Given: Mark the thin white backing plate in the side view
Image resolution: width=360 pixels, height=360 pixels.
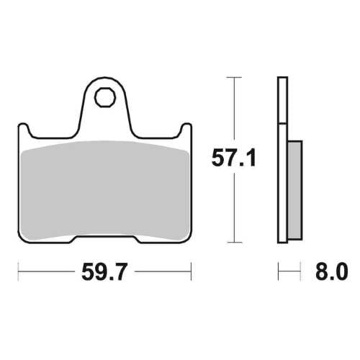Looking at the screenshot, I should point(280,158).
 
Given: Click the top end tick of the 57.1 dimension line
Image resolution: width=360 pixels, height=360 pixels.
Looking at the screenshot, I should point(234,76).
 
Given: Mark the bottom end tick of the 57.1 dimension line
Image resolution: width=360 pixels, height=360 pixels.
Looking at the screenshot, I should point(234,243).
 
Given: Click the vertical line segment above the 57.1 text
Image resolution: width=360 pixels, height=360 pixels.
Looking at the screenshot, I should point(234,108).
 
